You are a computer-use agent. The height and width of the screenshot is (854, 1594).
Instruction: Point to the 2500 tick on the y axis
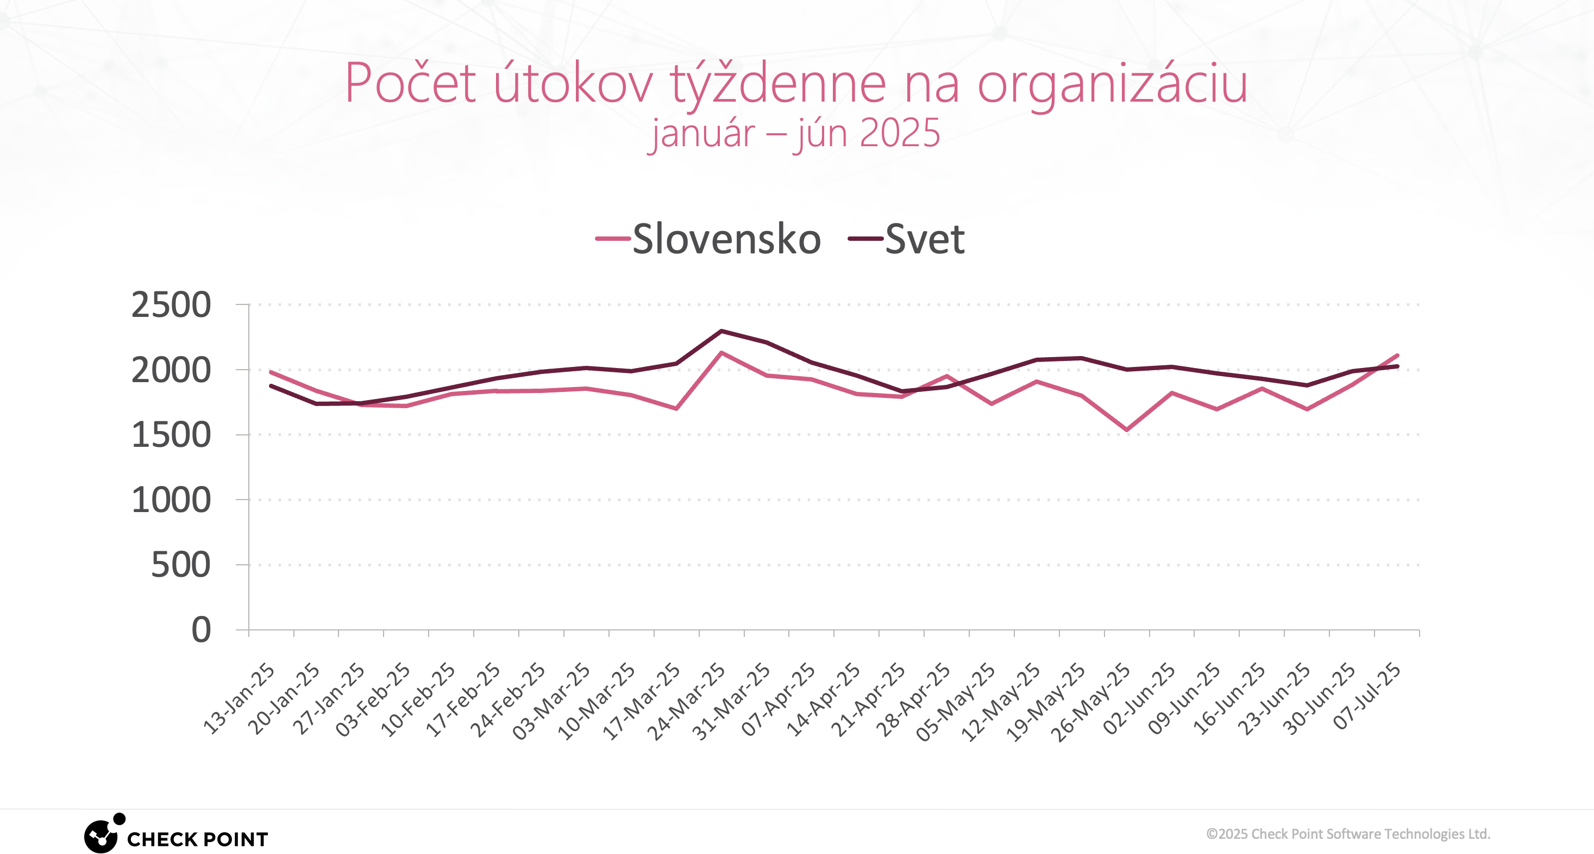tap(171, 305)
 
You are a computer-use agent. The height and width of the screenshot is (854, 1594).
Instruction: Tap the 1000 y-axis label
tap(171, 500)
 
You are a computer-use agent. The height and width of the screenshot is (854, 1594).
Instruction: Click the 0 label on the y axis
tap(201, 630)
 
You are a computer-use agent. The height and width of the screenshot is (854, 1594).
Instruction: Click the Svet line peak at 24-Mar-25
tap(721, 331)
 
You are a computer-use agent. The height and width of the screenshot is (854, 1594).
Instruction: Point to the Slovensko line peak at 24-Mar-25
tap(721, 353)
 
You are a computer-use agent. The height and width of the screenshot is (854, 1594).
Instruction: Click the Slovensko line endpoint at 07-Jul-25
tap(1397, 356)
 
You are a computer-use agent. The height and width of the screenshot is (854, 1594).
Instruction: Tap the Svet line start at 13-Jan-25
tap(271, 386)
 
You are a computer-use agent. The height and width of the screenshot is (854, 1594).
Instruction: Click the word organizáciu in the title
tap(1112, 84)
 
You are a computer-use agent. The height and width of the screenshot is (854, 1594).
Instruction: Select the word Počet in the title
tap(410, 84)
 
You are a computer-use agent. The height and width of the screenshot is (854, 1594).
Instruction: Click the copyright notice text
tap(1348, 834)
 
